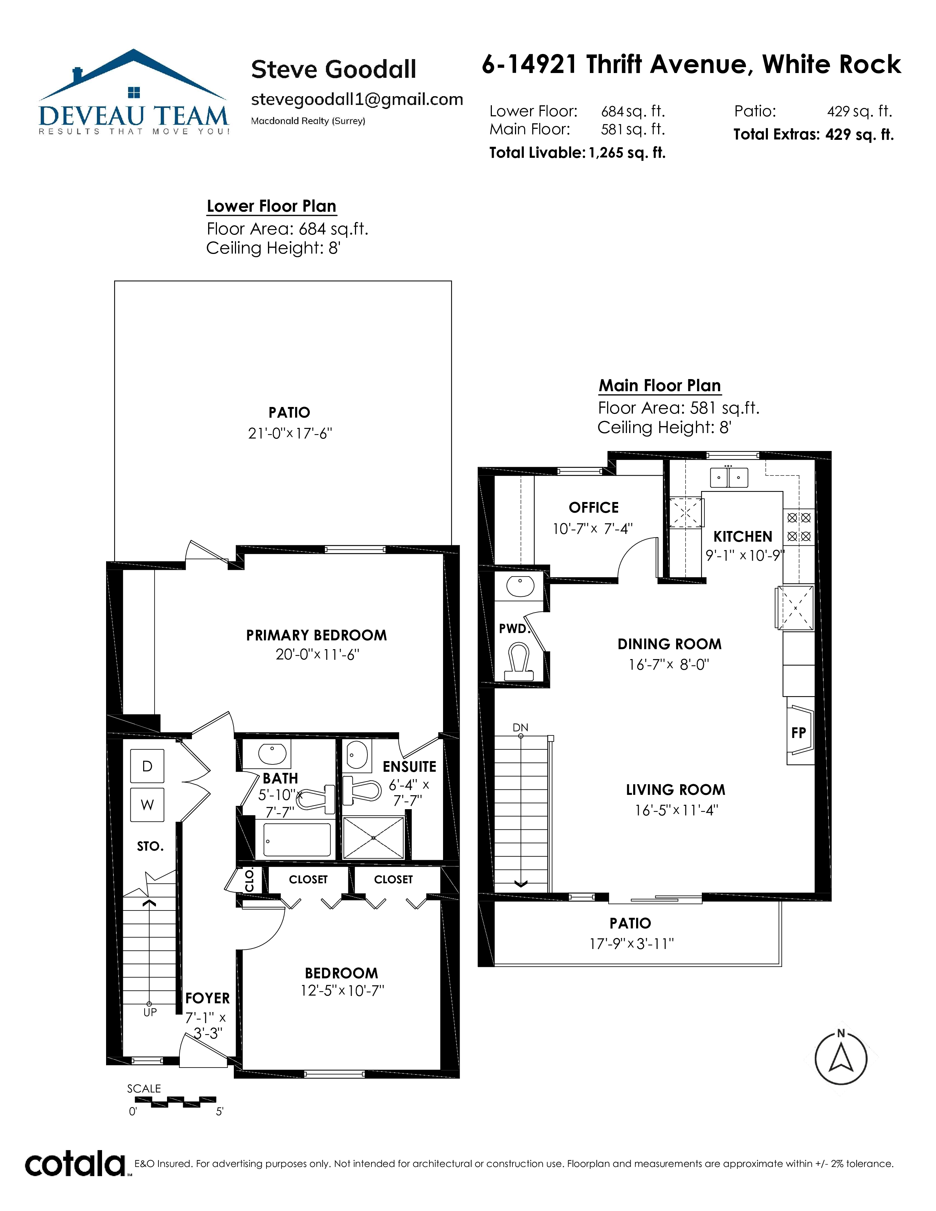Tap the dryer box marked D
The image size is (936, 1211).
click(x=147, y=766)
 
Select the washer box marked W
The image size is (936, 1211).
click(x=147, y=804)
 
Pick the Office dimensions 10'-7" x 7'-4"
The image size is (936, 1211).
click(x=592, y=529)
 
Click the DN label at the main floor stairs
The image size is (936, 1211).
click(x=520, y=727)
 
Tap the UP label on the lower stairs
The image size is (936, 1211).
click(x=150, y=1012)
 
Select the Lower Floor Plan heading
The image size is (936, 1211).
click(x=271, y=206)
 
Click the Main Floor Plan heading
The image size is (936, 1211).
click(x=660, y=385)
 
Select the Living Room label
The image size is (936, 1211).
click(x=675, y=790)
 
